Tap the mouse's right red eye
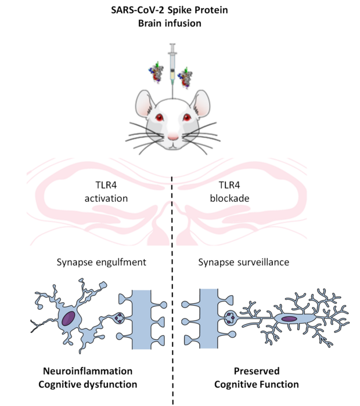tap(187, 117)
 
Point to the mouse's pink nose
tap(172, 138)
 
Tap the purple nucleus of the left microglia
tap(69, 318)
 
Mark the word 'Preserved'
tap(256, 371)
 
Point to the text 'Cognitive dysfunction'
tap(90, 384)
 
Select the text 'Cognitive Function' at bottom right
tap(256, 384)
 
